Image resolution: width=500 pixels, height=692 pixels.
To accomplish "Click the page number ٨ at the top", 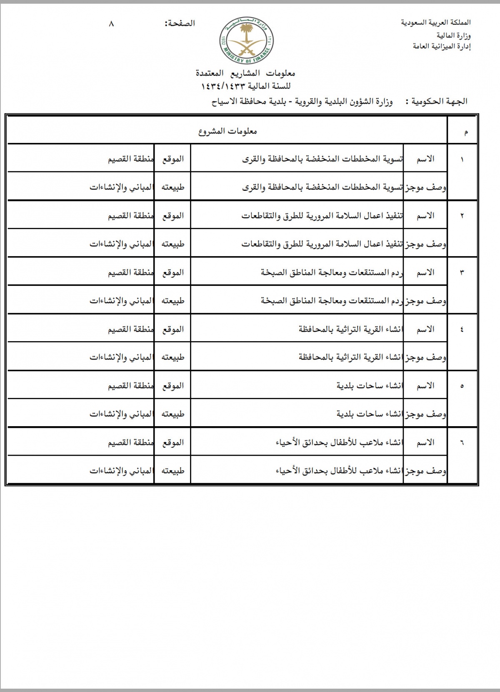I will coord(111,24).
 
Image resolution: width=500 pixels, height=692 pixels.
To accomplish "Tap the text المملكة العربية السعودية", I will coord(436,22).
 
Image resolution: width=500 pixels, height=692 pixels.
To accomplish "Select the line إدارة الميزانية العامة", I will coord(442,47).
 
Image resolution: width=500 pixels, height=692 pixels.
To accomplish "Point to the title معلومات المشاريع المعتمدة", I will coord(245,73).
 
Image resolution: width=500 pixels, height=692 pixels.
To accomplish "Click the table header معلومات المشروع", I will coord(227,132).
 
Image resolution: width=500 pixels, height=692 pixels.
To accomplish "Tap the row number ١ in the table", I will coord(462,160).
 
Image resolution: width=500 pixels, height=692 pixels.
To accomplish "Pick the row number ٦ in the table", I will coord(462,443).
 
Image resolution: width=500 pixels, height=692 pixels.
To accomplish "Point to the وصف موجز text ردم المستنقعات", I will coord(332,301).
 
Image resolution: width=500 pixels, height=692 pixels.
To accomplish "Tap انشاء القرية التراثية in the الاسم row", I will coord(350,329).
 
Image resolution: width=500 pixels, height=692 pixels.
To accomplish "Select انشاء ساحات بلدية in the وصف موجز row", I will coord(370,414).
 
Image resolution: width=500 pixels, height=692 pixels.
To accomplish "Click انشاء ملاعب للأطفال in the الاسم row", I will coord(339,442).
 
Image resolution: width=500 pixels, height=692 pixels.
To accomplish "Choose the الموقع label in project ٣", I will coord(173,272).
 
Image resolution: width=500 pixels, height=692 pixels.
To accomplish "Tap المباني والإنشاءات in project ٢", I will coord(121,244).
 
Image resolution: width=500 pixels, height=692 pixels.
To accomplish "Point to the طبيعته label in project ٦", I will coord(173,471).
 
